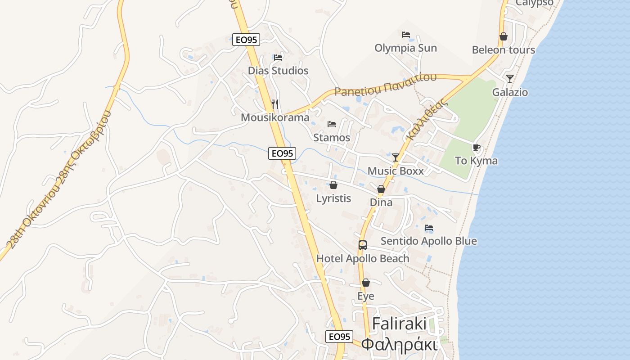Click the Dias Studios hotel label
click(278, 71)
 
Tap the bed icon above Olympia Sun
click(406, 35)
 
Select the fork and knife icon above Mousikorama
click(275, 104)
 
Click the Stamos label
click(332, 138)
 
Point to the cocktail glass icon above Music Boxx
click(396, 157)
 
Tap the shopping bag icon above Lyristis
click(333, 185)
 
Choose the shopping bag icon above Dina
click(381, 189)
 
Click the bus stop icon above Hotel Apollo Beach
click(363, 245)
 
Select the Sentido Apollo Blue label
click(429, 241)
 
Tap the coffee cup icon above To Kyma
click(476, 148)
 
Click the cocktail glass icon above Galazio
click(510, 79)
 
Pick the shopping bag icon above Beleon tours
click(504, 36)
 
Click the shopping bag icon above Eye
click(366, 283)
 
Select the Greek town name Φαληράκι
click(399, 344)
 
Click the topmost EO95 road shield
click(246, 40)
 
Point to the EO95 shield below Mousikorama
click(282, 153)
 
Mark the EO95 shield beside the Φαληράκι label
click(339, 337)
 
